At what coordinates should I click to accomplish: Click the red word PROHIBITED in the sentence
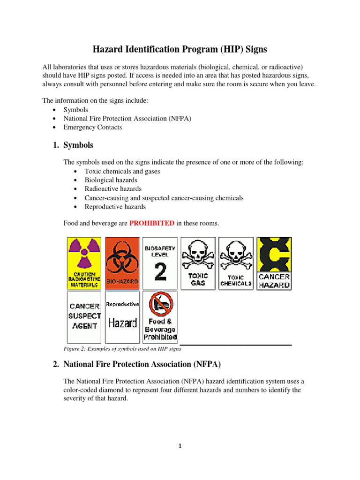pyautogui.click(x=151, y=224)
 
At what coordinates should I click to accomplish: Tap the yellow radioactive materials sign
pyautogui.click(x=84, y=263)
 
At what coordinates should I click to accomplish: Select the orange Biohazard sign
pyautogui.click(x=122, y=263)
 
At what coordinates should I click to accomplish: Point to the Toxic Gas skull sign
pyautogui.click(x=198, y=263)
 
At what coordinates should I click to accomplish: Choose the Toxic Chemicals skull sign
pyautogui.click(x=236, y=263)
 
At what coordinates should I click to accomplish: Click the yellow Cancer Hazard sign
pyautogui.click(x=274, y=263)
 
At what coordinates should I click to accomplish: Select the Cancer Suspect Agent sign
pyautogui.click(x=84, y=316)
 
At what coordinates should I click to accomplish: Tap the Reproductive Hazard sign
pyautogui.click(x=122, y=316)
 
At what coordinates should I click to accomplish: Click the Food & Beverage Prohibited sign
pyautogui.click(x=160, y=316)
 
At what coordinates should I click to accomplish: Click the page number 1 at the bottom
pyautogui.click(x=180, y=446)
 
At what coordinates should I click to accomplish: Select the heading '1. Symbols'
pyautogui.click(x=74, y=145)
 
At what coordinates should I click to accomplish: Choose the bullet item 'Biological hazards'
pyautogui.click(x=111, y=180)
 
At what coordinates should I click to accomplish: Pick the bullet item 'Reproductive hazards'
pyautogui.click(x=115, y=207)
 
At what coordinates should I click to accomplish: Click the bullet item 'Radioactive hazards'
pyautogui.click(x=113, y=189)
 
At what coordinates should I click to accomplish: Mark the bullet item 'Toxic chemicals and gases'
pyautogui.click(x=122, y=171)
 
